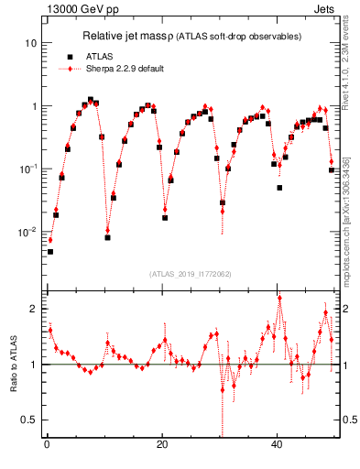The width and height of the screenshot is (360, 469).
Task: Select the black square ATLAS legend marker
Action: pyautogui.click(x=71, y=56)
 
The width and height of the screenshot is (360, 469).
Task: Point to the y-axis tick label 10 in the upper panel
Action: pyautogui.click(x=31, y=43)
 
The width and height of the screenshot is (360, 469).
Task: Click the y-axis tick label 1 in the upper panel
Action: pyautogui.click(x=34, y=106)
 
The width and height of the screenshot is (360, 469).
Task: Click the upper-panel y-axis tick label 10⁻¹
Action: pyautogui.click(x=29, y=169)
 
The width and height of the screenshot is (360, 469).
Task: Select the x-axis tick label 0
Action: pyautogui.click(x=47, y=445)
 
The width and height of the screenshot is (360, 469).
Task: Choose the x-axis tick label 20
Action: pyautogui.click(x=162, y=445)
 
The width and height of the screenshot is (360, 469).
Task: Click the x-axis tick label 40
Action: pyautogui.click(x=278, y=445)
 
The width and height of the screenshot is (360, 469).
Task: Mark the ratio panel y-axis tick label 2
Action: pyautogui.click(x=34, y=309)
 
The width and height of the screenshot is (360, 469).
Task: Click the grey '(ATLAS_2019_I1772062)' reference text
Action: pyautogui.click(x=190, y=273)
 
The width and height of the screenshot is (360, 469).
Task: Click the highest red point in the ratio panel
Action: pyautogui.click(x=279, y=298)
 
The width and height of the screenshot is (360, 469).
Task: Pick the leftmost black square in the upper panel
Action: pyautogui.click(x=50, y=251)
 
